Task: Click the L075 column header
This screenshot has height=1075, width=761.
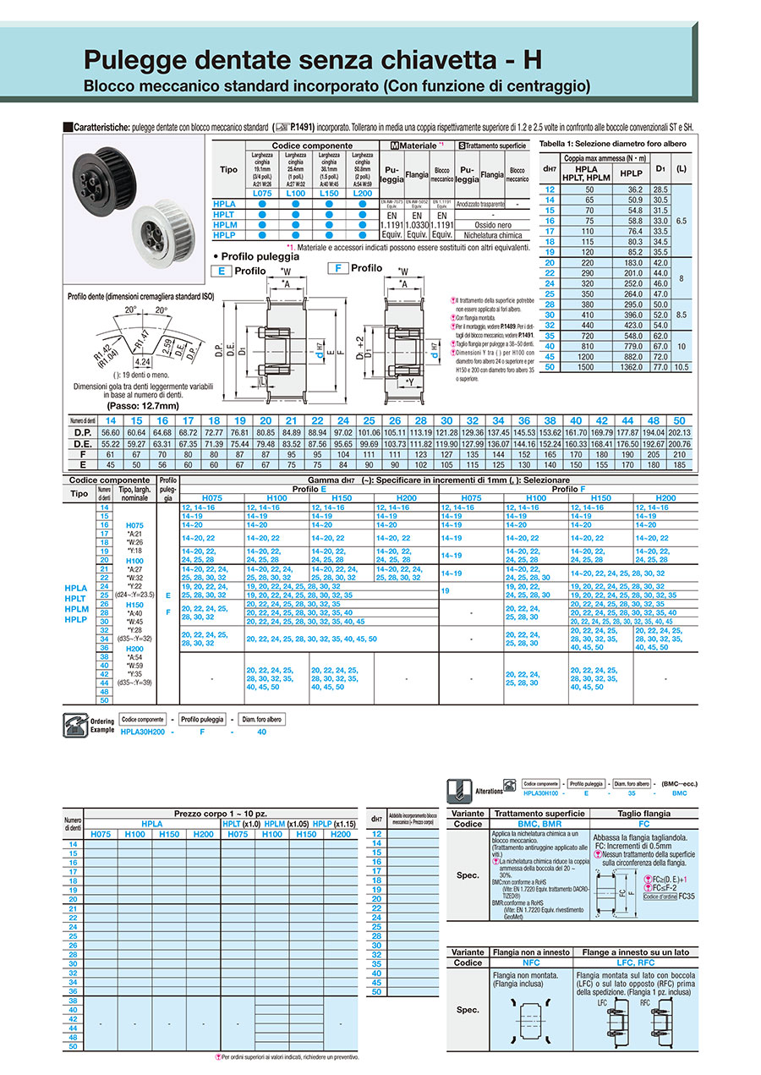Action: (x=260, y=194)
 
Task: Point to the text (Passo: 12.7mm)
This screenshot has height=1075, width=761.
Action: (x=136, y=405)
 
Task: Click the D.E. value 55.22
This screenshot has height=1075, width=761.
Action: (x=111, y=443)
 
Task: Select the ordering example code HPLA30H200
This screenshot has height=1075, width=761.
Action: (x=145, y=732)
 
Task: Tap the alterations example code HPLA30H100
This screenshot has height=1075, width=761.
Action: (x=541, y=793)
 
